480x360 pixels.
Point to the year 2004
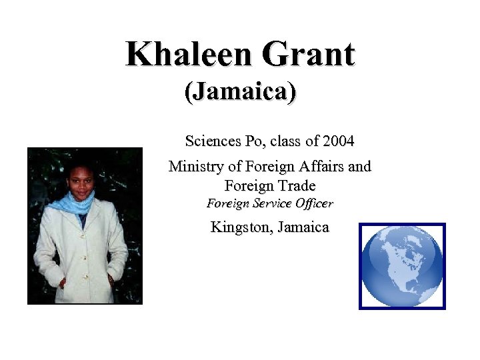338,141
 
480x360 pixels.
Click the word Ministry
194,166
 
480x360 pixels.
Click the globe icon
402,266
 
